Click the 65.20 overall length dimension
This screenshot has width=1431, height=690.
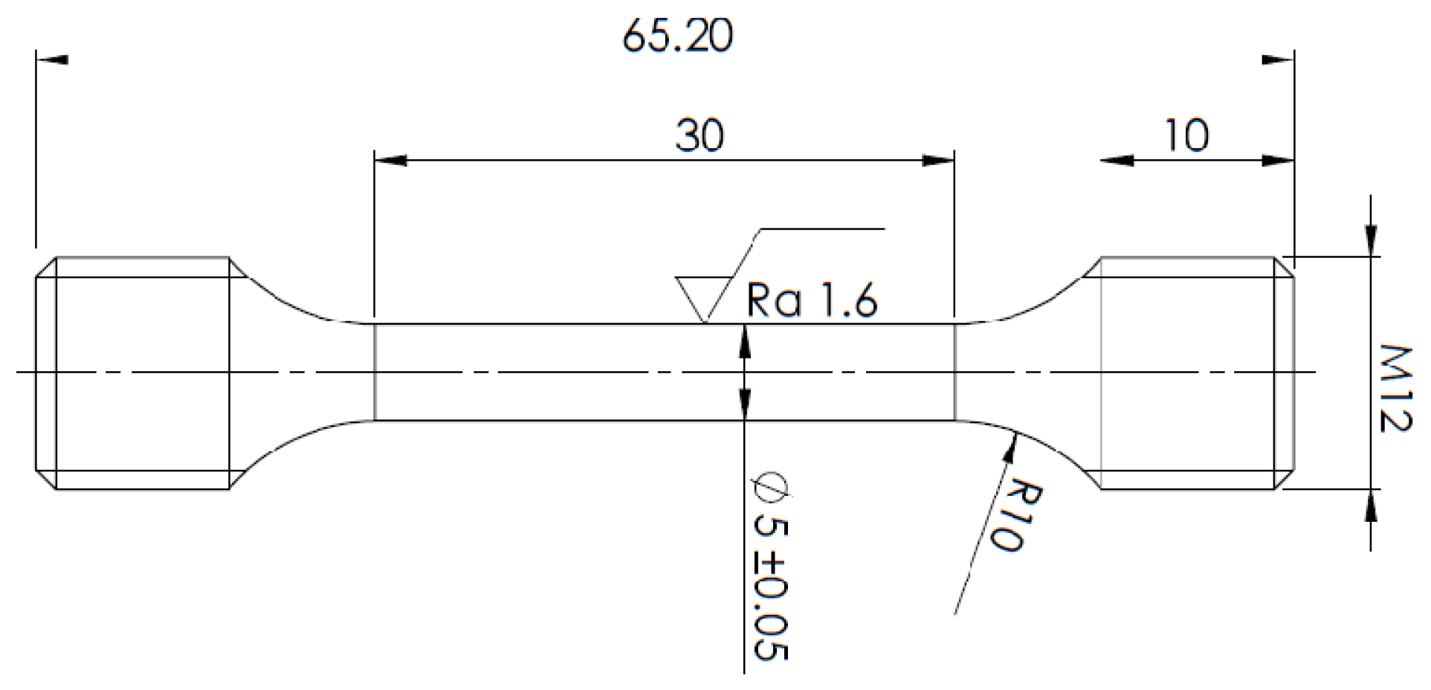point(677,36)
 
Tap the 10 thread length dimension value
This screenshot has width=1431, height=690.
point(1186,136)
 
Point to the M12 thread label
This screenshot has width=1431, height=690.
point(1395,387)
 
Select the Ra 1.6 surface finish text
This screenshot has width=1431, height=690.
point(812,300)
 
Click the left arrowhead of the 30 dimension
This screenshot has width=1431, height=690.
point(390,160)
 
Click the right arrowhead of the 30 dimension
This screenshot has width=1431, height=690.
point(938,160)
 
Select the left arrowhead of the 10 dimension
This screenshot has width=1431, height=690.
point(1117,160)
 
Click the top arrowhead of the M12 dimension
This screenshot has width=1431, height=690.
point(1372,238)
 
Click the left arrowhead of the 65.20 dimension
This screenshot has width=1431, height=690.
point(52,59)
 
